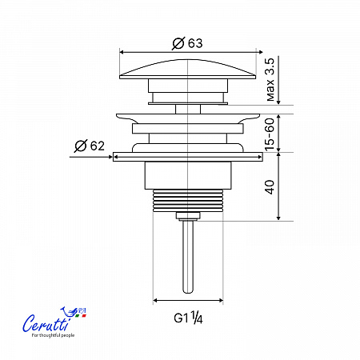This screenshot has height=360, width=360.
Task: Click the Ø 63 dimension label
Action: coord(187,43)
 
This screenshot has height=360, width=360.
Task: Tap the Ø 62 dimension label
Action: coord(90,146)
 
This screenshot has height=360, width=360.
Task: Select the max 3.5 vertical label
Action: coord(270,79)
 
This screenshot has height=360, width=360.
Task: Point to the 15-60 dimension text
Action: coord(270,134)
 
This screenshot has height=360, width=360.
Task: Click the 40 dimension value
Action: coord(270,187)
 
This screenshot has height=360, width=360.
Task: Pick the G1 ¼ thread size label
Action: coord(188,318)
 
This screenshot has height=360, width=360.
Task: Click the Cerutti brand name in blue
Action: coord(46,322)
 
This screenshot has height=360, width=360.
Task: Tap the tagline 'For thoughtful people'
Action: coord(53,335)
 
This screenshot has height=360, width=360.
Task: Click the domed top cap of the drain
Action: coord(188,69)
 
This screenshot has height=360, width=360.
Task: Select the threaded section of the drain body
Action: coord(188,201)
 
